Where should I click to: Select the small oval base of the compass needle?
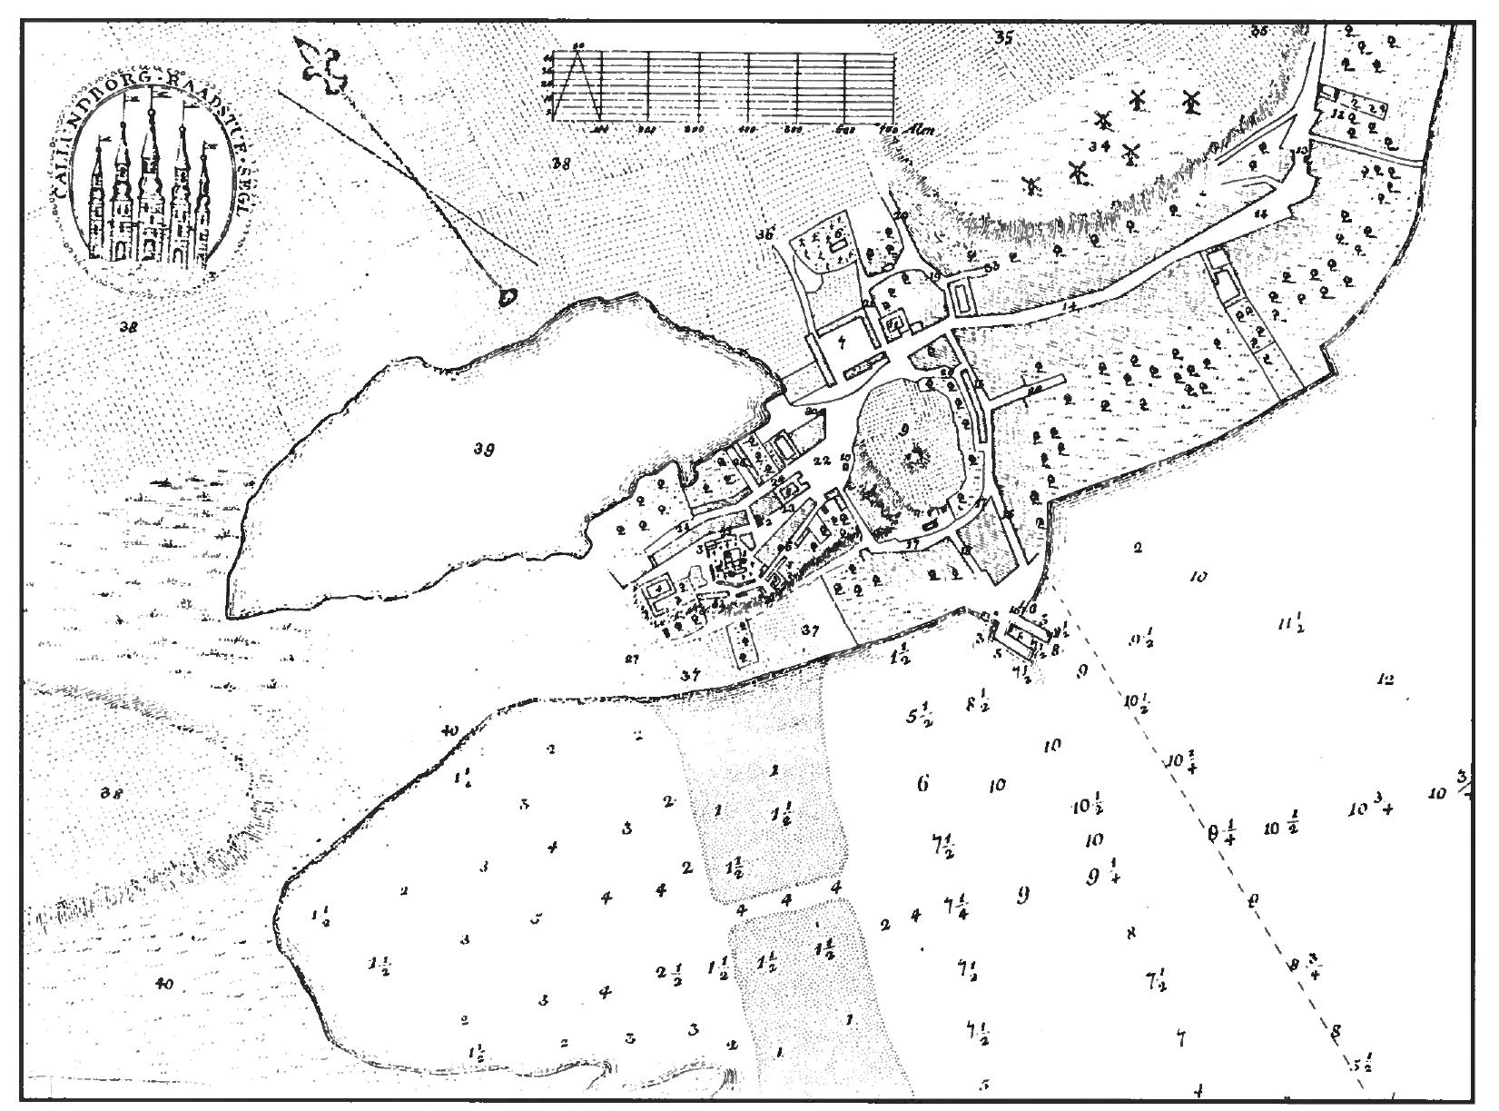coord(507,295)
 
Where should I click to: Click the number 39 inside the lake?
coord(484,448)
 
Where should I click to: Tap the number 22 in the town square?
coord(823,461)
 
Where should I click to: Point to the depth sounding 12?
coord(1385,679)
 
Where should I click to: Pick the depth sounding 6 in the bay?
coord(922,784)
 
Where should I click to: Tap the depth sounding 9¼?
coord(1100,877)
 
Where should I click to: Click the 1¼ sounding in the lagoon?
coord(463,779)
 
